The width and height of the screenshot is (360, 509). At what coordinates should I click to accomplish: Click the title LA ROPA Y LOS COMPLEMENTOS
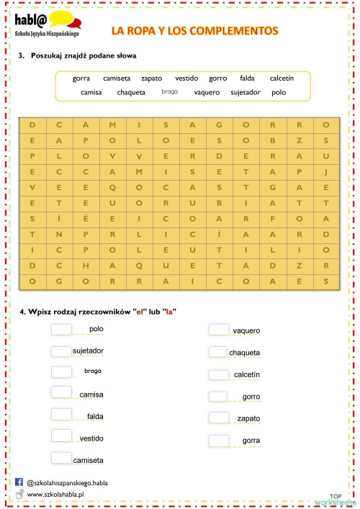194,31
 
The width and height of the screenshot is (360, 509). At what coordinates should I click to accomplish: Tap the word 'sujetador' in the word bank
246,92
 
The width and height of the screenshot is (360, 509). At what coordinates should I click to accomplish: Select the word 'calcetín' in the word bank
282,78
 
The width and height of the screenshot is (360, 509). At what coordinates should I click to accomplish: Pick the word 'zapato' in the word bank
151,78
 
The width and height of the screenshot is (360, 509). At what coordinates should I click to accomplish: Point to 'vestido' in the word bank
186,78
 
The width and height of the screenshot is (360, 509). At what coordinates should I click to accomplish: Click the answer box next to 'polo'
62,329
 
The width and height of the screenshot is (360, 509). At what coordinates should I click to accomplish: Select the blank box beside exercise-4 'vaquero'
219,330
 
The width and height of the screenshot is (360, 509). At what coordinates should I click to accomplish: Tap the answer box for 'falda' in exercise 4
62,415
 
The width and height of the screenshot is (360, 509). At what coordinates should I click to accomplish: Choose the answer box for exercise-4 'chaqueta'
219,351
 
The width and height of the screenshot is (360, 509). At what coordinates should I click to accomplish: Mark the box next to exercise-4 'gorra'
219,440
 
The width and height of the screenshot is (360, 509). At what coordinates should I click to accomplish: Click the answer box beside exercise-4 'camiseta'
62,458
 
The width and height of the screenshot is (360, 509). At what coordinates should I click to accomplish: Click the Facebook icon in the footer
19,482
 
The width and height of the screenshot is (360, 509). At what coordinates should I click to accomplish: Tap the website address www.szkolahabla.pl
56,495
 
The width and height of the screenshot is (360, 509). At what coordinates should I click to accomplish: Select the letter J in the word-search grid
326,172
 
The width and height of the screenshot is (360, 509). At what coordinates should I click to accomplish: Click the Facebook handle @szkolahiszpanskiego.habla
67,482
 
